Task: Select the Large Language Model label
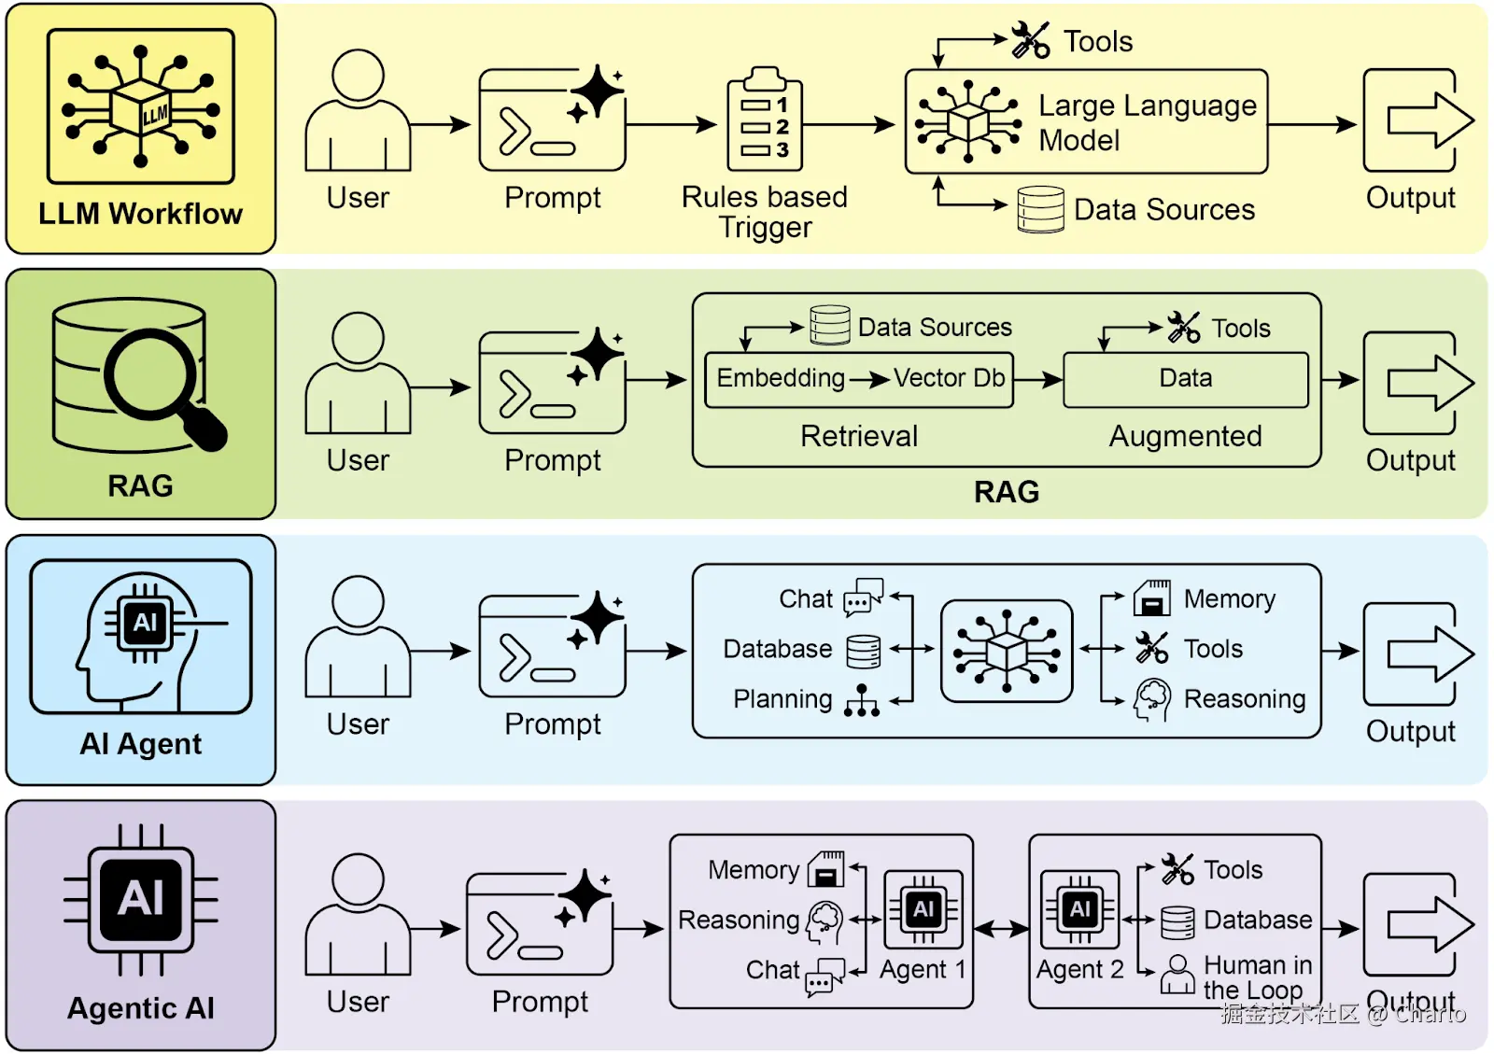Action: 1147,122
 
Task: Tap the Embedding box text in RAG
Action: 780,378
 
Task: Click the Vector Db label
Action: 949,378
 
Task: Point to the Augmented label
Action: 1185,436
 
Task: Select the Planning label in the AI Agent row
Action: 782,699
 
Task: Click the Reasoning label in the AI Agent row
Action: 1244,699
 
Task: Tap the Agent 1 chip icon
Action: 923,909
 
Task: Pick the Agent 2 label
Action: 1079,970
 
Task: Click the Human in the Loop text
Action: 1257,977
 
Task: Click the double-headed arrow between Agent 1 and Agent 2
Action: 1001,928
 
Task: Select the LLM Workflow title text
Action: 140,214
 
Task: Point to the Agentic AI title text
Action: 140,1008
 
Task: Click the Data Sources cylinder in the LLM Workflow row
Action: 1040,209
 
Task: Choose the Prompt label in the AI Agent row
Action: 553,724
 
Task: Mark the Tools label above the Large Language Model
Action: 1098,42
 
